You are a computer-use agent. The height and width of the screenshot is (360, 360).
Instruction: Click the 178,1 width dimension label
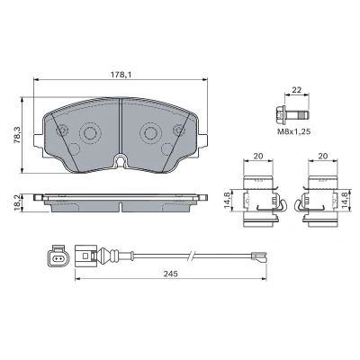coord(121,75)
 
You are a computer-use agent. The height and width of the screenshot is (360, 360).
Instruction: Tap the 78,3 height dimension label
coord(17,135)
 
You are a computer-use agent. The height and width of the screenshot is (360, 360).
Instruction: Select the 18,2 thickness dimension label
coord(17,202)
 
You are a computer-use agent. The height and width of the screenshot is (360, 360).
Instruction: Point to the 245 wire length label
coord(171,274)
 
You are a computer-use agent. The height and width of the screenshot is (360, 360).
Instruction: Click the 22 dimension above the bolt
coord(297,90)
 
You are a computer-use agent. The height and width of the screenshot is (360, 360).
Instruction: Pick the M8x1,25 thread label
coord(293,131)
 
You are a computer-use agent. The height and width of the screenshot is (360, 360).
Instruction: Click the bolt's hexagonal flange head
coord(279,114)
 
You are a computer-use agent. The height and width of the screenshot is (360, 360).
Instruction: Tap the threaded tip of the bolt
coord(304,114)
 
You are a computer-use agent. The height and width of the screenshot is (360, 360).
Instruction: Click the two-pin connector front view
coord(58,256)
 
